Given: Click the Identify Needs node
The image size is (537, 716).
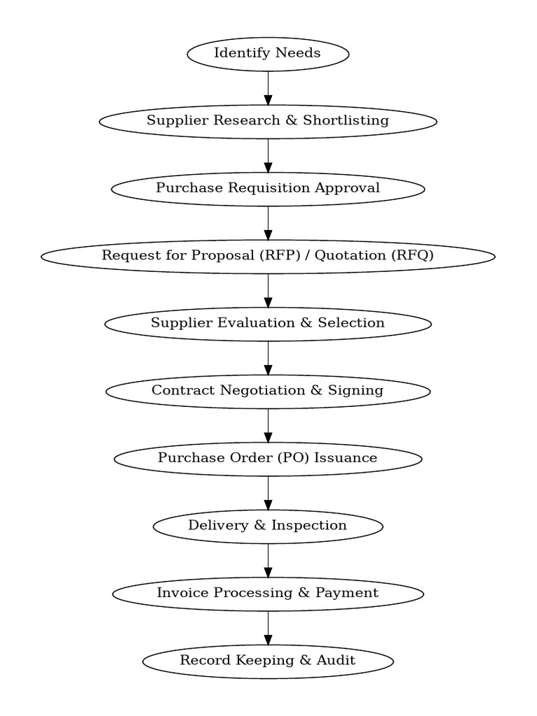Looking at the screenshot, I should (x=268, y=54).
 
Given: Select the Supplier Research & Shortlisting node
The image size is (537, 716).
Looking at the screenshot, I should (x=268, y=121).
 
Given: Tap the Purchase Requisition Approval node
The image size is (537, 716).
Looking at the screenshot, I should (x=268, y=188).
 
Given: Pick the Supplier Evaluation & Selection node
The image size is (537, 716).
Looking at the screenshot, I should (x=268, y=323).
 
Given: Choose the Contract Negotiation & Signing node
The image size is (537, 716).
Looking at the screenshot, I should (x=268, y=390).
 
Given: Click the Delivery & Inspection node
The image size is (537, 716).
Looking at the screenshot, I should (x=268, y=526).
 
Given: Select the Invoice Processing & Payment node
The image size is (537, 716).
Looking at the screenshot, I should (x=268, y=593).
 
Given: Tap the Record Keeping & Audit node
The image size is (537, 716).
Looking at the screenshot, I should (x=268, y=661).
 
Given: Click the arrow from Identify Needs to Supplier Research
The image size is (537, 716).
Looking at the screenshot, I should (x=268, y=87).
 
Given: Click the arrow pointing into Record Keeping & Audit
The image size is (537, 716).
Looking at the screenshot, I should (x=268, y=627).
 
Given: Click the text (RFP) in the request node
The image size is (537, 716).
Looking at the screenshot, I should (x=280, y=256).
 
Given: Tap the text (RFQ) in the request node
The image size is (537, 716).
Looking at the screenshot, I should (x=412, y=256).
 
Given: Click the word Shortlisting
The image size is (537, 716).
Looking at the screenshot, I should (x=345, y=121).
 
